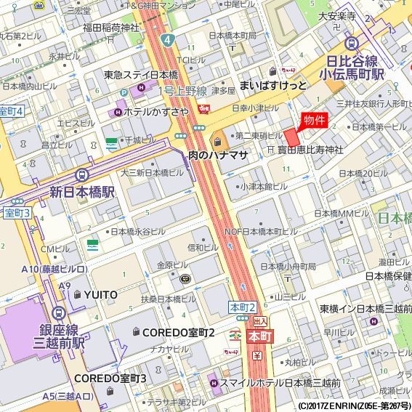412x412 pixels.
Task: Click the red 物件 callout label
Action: click(314, 120)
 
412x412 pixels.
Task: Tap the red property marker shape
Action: click(292, 137)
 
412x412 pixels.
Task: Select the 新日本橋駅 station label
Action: click(82, 192)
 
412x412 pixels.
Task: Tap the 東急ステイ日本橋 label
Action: click(140, 75)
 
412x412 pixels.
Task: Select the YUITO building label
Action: click(100, 294)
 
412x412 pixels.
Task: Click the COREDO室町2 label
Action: click(178, 332)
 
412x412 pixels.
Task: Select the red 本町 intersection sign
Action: click(259, 336)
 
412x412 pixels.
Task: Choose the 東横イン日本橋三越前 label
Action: click(365, 308)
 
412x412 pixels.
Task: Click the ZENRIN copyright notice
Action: click(354, 405)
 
